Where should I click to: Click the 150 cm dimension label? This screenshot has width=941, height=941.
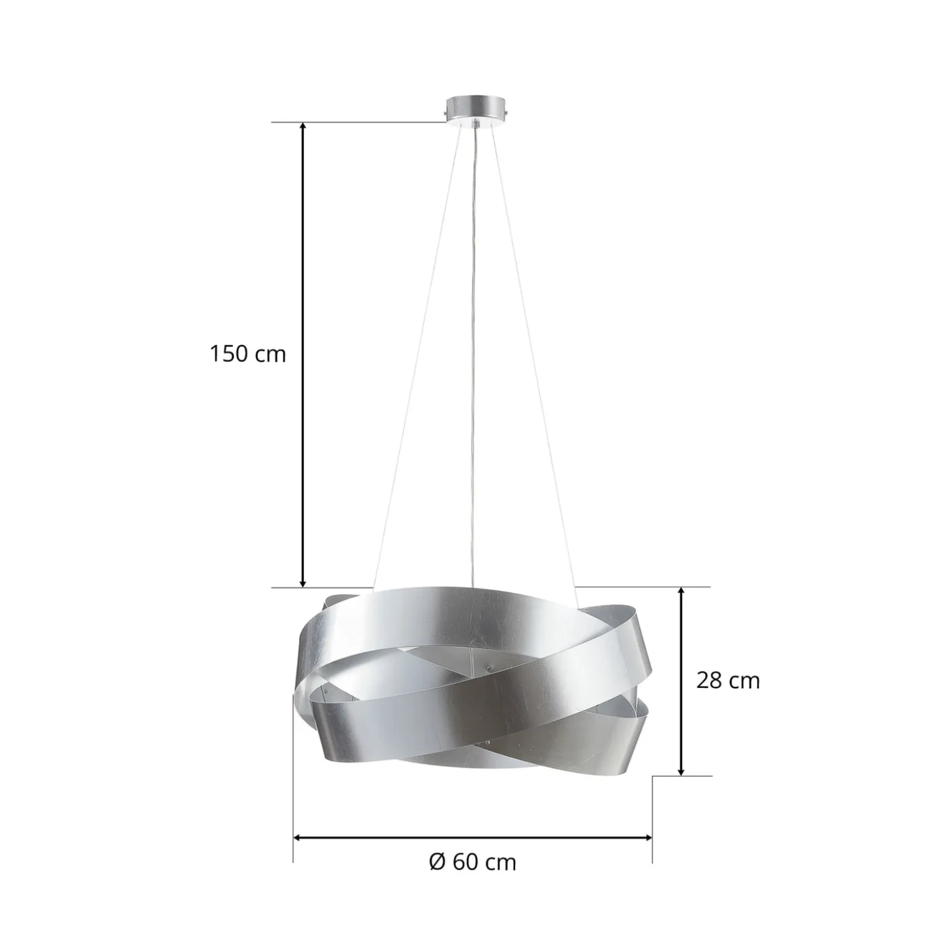click(247, 354)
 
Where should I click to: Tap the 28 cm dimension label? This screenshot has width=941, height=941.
click(728, 681)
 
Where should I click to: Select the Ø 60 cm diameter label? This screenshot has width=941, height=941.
click(473, 862)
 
